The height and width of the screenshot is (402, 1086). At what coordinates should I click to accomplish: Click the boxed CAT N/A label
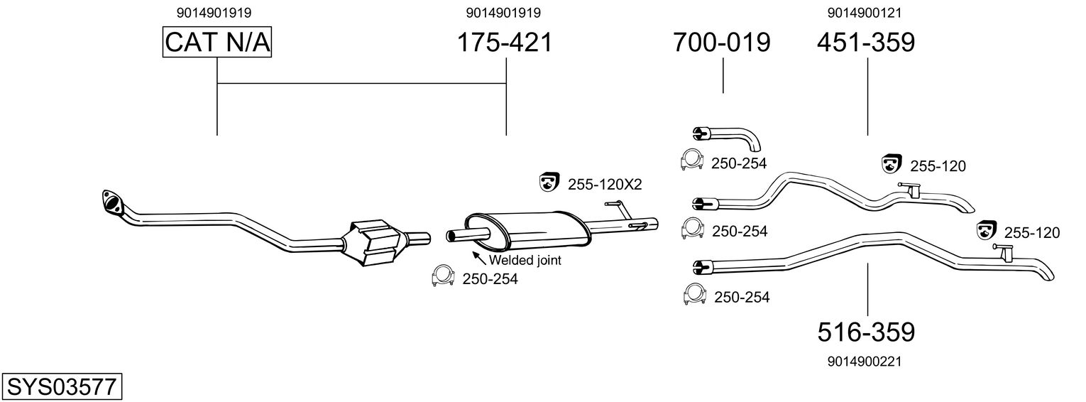click(x=217, y=43)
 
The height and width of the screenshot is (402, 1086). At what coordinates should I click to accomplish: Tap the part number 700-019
click(x=722, y=43)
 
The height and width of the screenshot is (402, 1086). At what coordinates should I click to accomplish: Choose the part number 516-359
click(x=866, y=332)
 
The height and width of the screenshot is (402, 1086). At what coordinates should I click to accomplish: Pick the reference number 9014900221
click(x=864, y=362)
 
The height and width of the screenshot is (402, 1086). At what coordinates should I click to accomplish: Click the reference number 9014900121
click(x=864, y=13)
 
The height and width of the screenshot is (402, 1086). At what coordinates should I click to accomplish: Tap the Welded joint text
click(x=525, y=261)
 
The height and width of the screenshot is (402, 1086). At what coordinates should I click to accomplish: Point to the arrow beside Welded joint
click(x=479, y=257)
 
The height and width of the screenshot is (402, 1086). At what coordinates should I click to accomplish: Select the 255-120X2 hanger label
click(x=604, y=185)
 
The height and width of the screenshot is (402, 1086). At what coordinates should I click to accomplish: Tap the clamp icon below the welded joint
click(x=442, y=277)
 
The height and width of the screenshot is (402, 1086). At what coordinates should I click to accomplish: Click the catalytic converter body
click(x=375, y=242)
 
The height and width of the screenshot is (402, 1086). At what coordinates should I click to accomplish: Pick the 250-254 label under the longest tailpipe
click(x=742, y=297)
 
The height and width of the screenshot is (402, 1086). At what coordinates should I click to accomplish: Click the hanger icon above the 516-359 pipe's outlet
click(x=985, y=230)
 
